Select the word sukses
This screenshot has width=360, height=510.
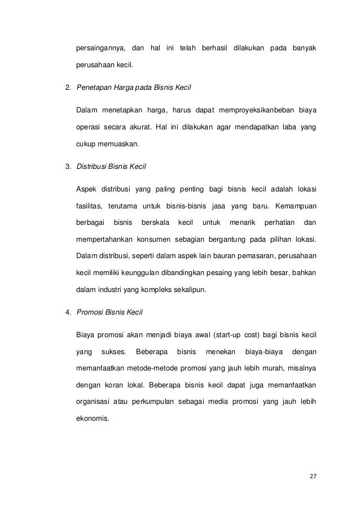pyautogui.click(x=113, y=352)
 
